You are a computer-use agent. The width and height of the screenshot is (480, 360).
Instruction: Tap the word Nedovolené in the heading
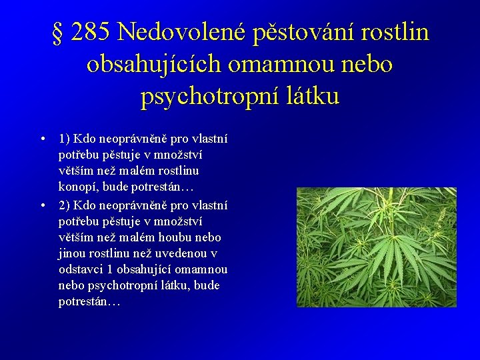point(181,32)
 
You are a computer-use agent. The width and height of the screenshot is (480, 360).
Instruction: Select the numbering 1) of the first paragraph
point(65,139)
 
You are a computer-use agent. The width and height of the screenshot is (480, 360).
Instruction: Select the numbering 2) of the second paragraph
point(65,205)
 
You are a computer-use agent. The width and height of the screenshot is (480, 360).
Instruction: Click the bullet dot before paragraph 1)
point(42,139)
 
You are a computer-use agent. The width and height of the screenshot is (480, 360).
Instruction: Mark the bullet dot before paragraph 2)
point(42,205)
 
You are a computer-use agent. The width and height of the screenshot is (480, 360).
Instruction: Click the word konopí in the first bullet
point(79,188)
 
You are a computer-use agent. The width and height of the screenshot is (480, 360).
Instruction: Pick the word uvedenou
point(191,253)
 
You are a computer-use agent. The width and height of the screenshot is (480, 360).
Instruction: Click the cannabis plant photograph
point(376,247)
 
